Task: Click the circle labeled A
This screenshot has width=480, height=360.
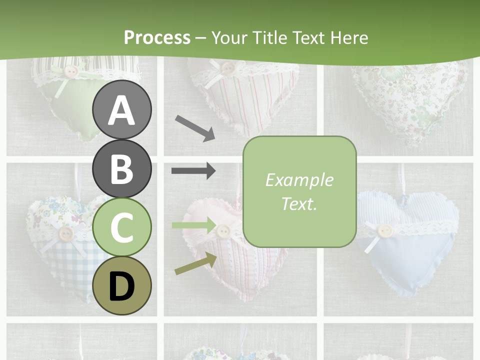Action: pos(121,110)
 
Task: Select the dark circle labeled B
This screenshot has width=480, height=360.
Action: pos(121,168)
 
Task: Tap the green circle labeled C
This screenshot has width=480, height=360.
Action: pos(121,227)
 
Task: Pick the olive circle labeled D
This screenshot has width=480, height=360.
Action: pos(121,285)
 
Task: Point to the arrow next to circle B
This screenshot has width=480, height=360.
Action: pos(193,171)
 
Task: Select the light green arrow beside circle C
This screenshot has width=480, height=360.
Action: pos(193,225)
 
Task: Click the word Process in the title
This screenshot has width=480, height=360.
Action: pos(157,37)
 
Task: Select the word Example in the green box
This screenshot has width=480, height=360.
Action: pos(299,180)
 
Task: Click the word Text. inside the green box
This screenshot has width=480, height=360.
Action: pos(299,203)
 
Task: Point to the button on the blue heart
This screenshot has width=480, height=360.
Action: pos(384,230)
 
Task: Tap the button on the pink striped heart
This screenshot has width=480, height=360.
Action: pos(223,230)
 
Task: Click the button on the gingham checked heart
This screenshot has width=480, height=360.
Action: pos(65,233)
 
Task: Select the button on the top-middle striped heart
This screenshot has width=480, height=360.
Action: pos(228,67)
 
